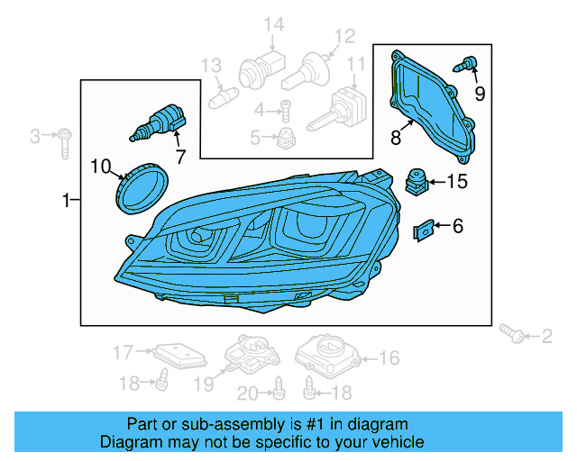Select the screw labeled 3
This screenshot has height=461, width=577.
coord(66,137)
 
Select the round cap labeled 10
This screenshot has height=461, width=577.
coord(142,187)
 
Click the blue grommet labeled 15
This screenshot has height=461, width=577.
coord(416,181)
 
